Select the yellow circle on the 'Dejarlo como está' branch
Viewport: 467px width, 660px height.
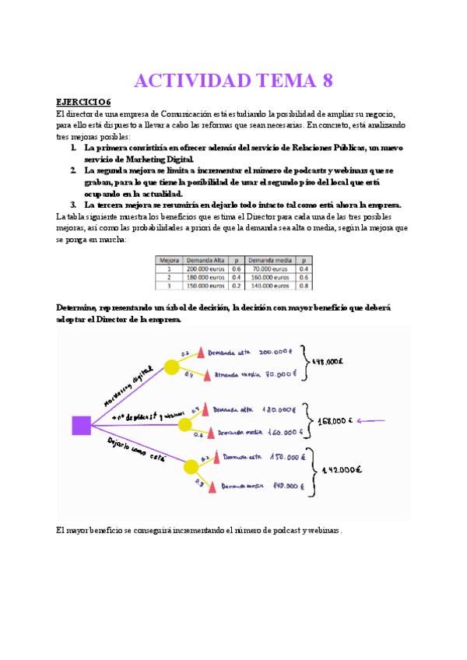click(x=191, y=466)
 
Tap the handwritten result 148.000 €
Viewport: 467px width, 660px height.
click(x=327, y=361)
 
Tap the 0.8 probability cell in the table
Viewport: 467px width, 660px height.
click(x=304, y=286)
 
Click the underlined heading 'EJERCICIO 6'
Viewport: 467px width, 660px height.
click(x=84, y=102)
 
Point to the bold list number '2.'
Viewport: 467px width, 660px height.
click(x=72, y=170)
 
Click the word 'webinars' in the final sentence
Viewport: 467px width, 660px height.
click(x=323, y=531)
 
